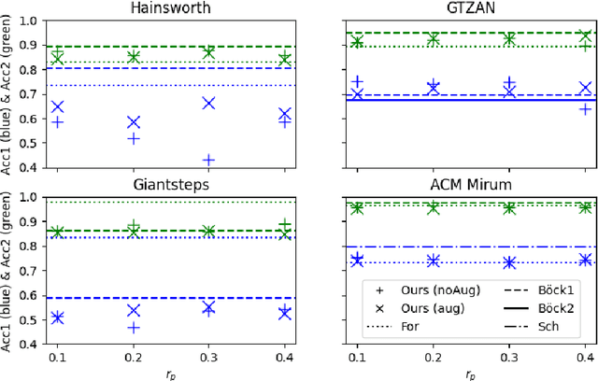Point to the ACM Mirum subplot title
470,184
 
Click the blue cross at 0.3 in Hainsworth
209,103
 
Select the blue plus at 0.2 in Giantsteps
134,328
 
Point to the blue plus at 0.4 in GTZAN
585,109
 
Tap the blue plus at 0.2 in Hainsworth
134,138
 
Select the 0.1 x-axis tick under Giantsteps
58,359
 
